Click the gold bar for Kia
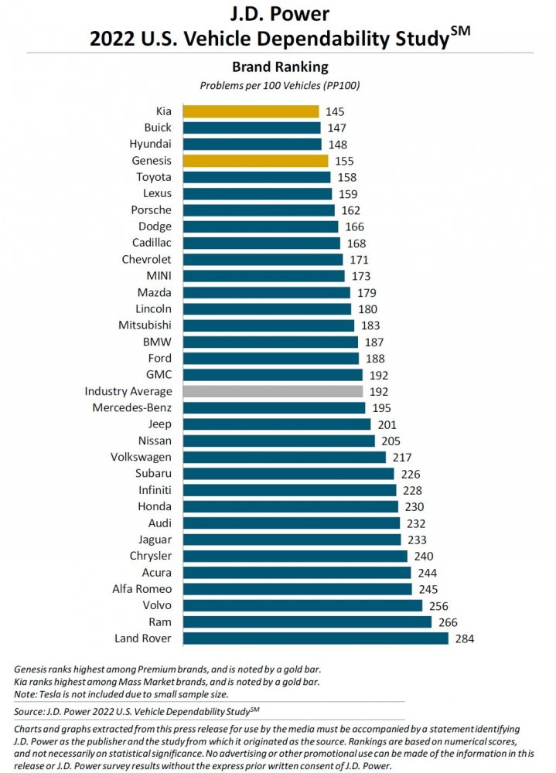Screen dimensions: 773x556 (x=251, y=111)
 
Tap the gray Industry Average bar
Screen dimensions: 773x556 (x=272, y=391)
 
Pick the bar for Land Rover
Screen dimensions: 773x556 (x=315, y=638)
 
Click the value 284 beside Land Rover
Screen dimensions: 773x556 (x=464, y=638)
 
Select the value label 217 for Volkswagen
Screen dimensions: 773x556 (x=402, y=457)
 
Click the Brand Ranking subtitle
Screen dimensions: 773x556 (x=279, y=66)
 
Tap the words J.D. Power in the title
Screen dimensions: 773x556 (x=279, y=14)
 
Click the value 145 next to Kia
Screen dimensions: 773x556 (x=335, y=111)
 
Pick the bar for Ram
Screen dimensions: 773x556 (x=306, y=621)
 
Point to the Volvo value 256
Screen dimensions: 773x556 (x=438, y=605)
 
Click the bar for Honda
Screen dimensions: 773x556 (x=290, y=506)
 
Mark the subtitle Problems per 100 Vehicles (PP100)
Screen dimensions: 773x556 (x=279, y=85)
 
